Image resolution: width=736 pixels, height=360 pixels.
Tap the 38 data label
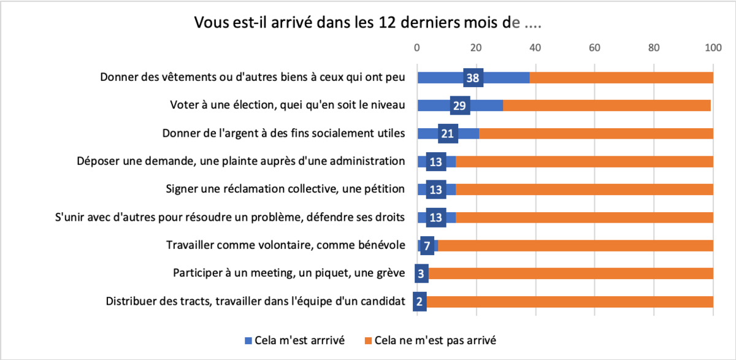(473, 78)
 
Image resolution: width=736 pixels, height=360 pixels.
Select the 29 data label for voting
(459, 105)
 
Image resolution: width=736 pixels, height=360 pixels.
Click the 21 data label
(448, 134)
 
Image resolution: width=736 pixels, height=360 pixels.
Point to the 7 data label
(427, 245)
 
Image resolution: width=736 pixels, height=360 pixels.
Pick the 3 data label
(421, 274)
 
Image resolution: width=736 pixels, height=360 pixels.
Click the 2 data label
(420, 302)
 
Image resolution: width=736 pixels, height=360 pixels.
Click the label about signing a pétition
(285, 190)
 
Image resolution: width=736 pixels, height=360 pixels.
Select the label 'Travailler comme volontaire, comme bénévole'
(285, 245)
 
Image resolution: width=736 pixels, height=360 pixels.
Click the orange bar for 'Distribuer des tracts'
(570, 302)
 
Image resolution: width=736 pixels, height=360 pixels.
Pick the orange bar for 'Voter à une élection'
(607, 105)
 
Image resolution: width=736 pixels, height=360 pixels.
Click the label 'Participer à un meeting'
(288, 274)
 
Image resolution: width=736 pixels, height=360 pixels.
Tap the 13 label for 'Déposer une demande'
(436, 162)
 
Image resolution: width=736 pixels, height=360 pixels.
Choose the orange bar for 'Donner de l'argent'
(595, 134)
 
